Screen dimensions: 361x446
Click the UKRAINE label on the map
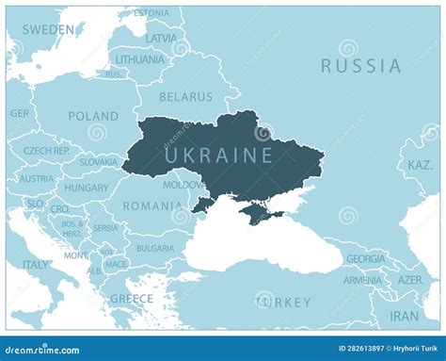(218, 154)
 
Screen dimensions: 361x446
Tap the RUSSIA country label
(360, 66)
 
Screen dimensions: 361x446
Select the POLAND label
(93, 116)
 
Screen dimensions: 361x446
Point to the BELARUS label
(185, 96)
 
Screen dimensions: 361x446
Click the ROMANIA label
(152, 205)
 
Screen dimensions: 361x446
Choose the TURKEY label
(282, 302)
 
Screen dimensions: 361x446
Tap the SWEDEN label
(48, 29)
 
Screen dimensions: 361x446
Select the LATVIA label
(161, 39)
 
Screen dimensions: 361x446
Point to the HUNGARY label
(87, 188)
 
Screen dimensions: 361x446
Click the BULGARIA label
(155, 249)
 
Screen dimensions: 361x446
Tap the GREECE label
(132, 298)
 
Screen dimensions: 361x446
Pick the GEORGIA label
(366, 258)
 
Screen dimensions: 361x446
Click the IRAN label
(405, 316)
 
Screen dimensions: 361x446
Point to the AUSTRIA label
(37, 178)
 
